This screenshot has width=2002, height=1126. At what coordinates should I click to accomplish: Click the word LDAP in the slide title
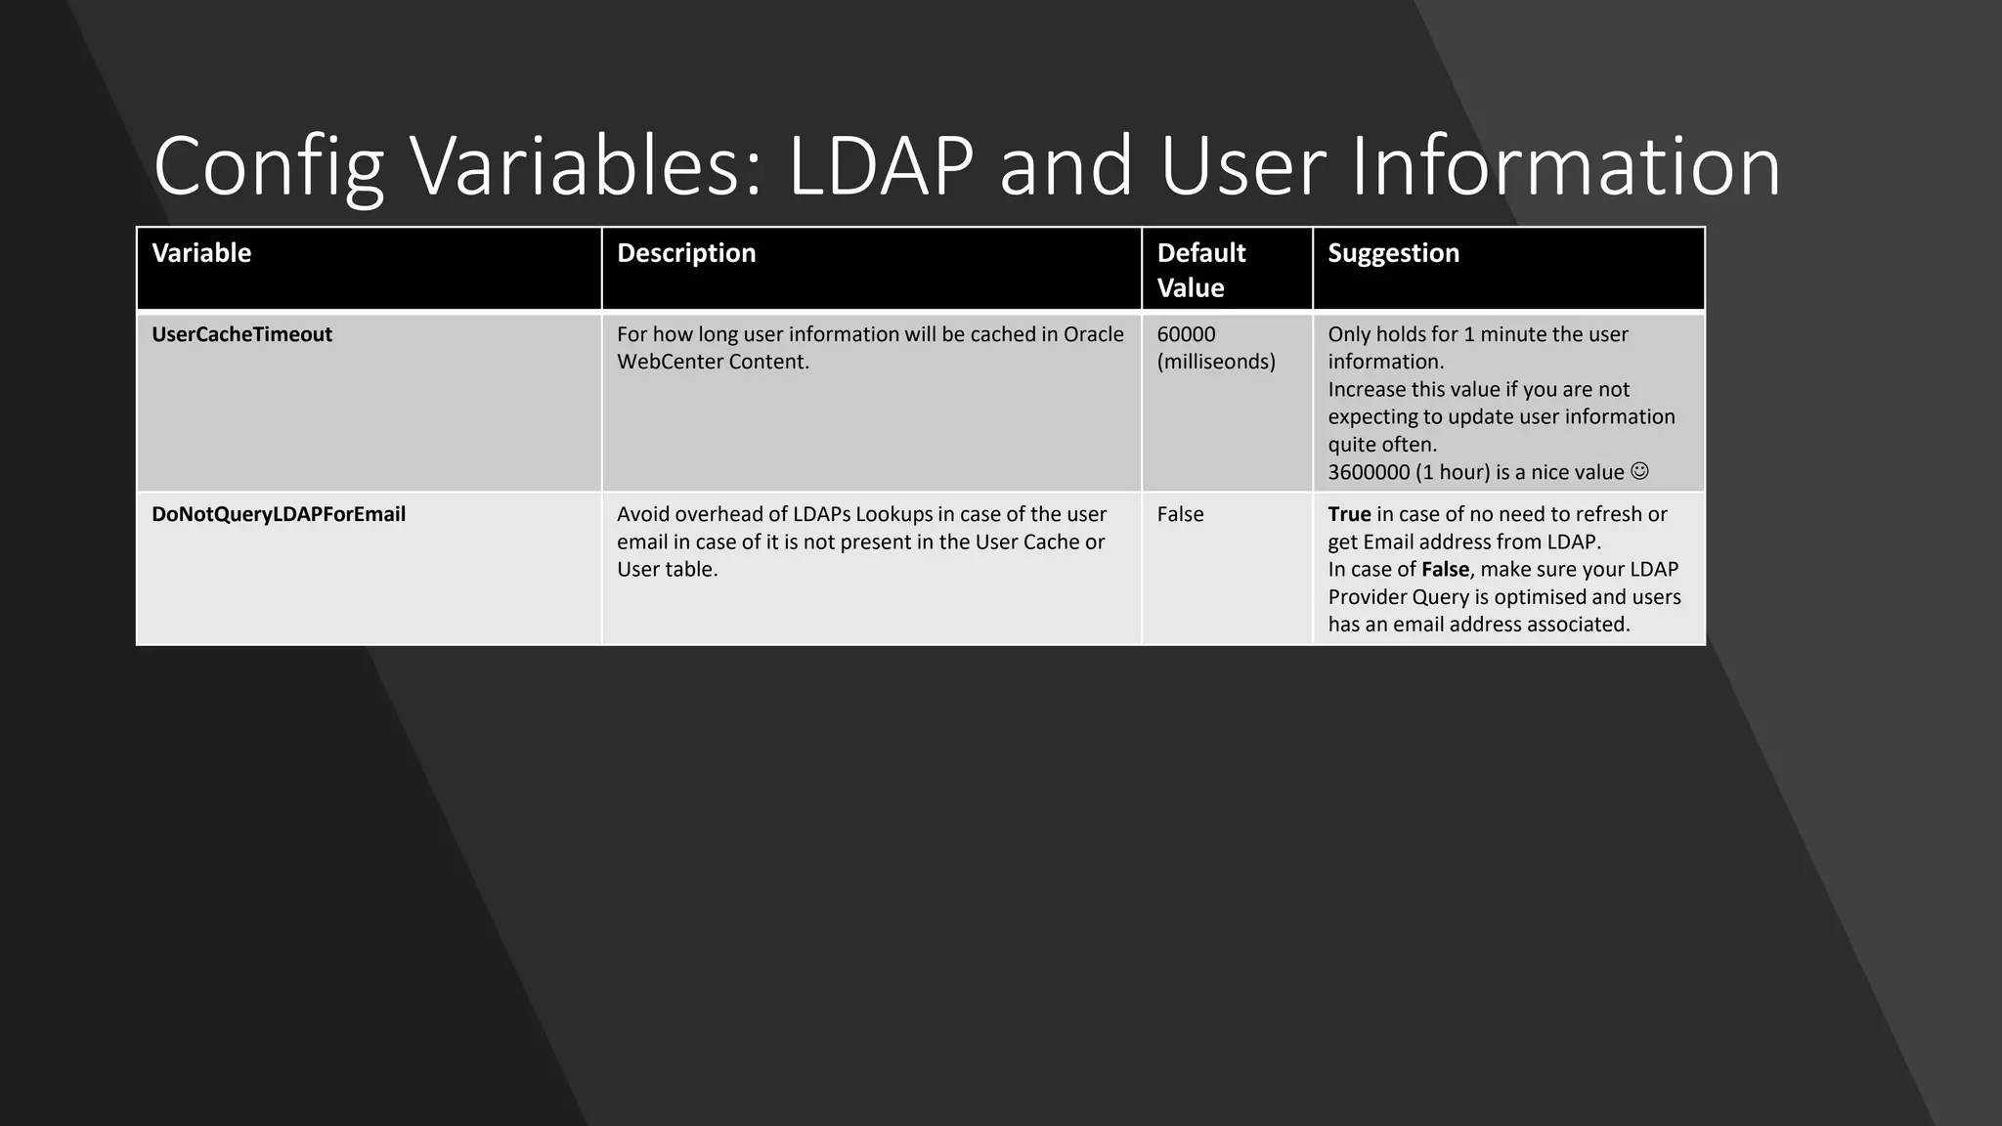[880, 166]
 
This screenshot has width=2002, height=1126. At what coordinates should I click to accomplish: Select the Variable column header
[201, 253]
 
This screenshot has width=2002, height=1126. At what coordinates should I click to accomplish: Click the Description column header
[686, 253]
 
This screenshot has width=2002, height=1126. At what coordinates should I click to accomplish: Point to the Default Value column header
[1200, 270]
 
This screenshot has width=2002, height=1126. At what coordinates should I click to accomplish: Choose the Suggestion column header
[1393, 253]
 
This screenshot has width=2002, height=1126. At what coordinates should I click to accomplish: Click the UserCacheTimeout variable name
[241, 334]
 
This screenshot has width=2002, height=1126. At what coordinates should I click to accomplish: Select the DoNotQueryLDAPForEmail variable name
[279, 514]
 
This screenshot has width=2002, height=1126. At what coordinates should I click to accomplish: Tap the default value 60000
[1186, 334]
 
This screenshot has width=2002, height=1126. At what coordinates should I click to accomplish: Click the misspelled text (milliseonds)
[1216, 362]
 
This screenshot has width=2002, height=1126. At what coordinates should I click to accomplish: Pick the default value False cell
[1180, 514]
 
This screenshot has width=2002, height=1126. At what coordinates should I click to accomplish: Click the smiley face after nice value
[1639, 471]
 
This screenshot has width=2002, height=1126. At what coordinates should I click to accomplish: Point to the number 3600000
[1369, 472]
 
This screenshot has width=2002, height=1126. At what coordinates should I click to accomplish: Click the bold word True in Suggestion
[1349, 514]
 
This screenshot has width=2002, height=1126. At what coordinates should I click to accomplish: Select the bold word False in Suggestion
[1445, 569]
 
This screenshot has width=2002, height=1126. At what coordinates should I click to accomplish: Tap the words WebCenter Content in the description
[713, 362]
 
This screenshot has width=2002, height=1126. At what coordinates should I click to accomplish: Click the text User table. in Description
[667, 569]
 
